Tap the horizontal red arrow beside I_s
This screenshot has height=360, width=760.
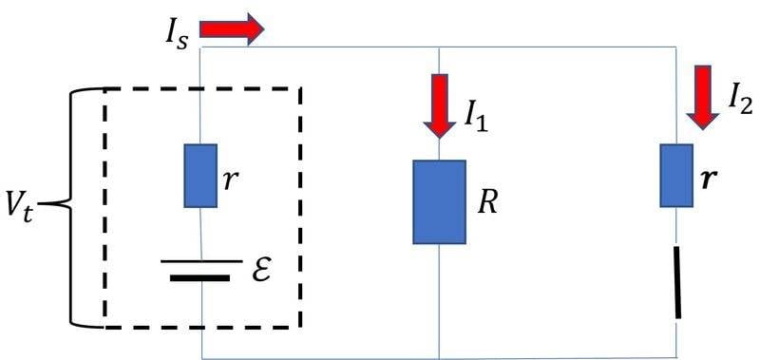coord(232,29)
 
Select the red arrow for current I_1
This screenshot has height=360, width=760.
coord(439,106)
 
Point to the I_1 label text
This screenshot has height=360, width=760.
coord(476,118)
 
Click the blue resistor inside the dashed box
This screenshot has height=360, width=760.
coord(200,176)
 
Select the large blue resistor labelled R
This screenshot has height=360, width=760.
coord(439,202)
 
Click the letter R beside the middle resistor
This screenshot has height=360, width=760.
coord(487,204)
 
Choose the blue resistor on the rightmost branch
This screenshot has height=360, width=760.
coord(676,176)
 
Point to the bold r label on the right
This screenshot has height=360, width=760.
coord(708,180)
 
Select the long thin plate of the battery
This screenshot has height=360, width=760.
coord(201,260)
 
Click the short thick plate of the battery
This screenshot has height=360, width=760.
coord(200,278)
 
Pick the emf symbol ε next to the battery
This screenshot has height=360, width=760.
coord(262,272)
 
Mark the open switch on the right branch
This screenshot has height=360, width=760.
coord(676,282)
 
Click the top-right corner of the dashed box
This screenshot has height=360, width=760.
coord(300,88)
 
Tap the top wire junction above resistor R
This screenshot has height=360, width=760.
coord(439,47)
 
